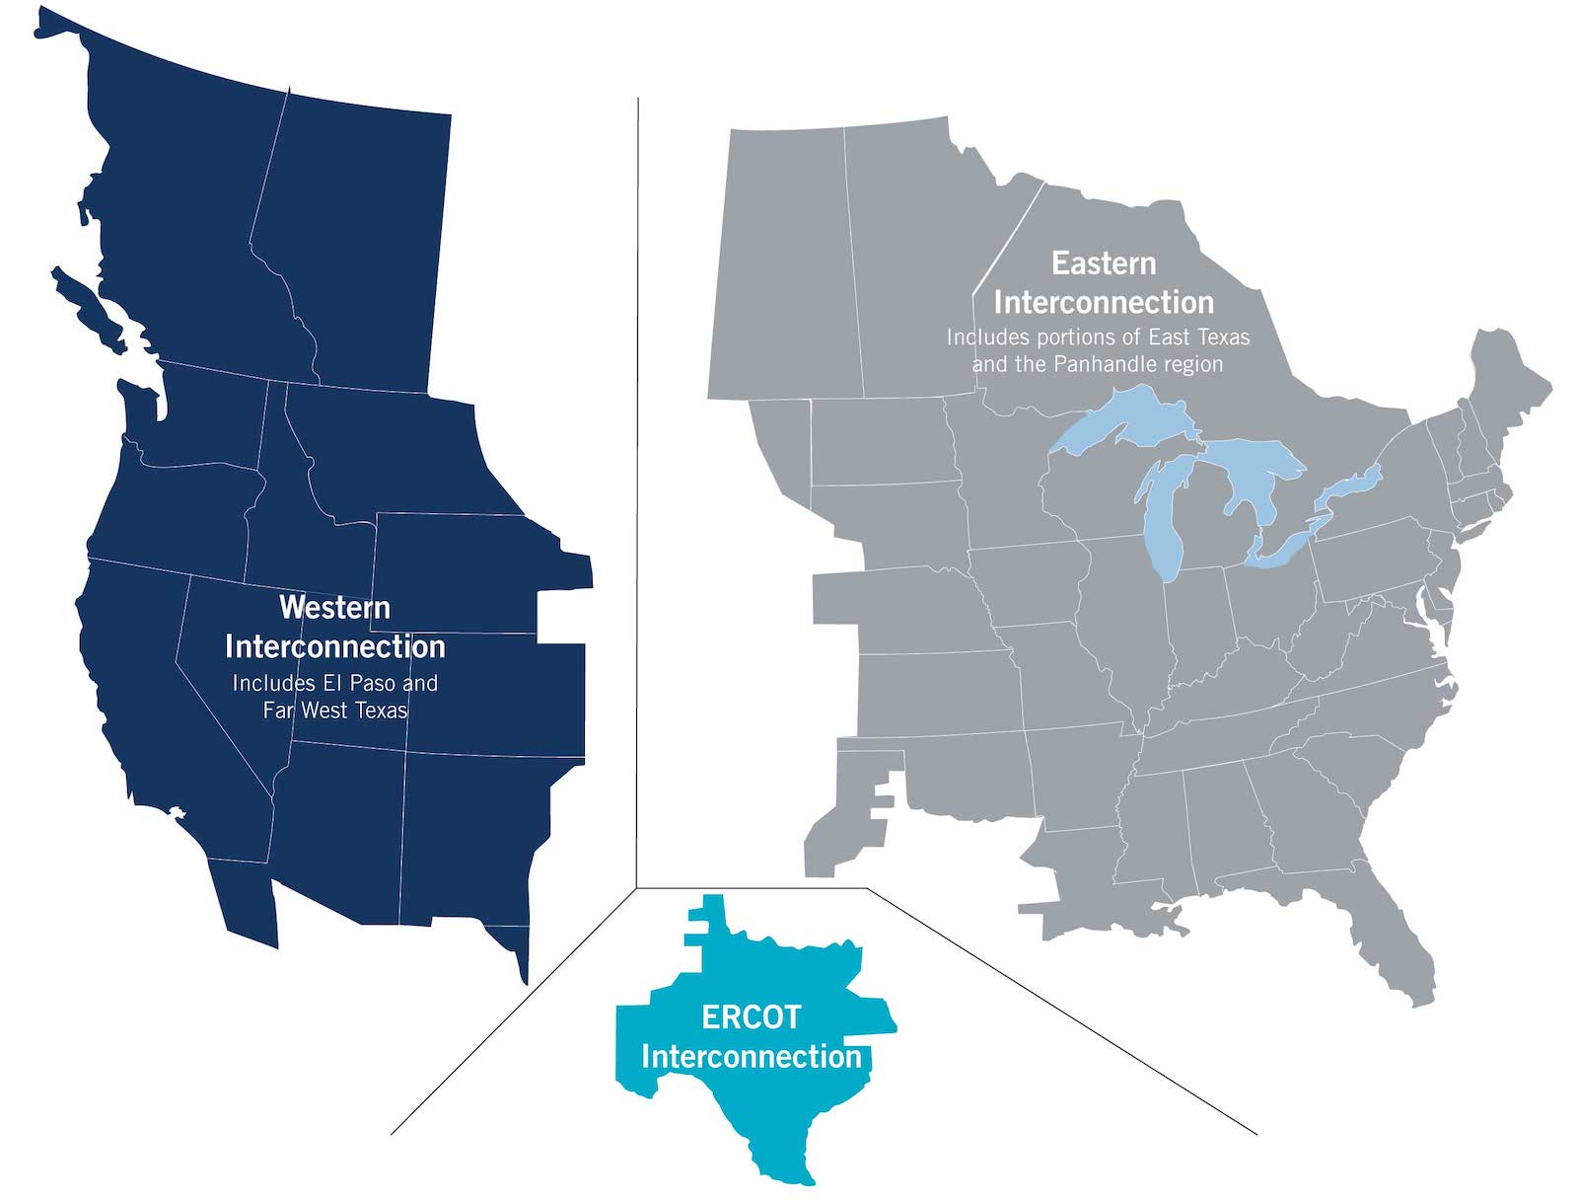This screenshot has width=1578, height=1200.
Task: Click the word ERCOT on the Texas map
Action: pyautogui.click(x=751, y=1016)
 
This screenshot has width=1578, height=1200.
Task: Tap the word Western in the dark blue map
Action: pyautogui.click(x=334, y=607)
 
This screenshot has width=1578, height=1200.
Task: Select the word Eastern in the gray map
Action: pyautogui.click(x=1103, y=263)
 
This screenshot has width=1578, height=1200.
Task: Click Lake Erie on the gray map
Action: pyautogui.click(x=1282, y=548)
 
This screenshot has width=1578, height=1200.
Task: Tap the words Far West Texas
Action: pyautogui.click(x=335, y=711)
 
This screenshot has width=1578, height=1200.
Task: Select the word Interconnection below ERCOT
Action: pyautogui.click(x=751, y=1057)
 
